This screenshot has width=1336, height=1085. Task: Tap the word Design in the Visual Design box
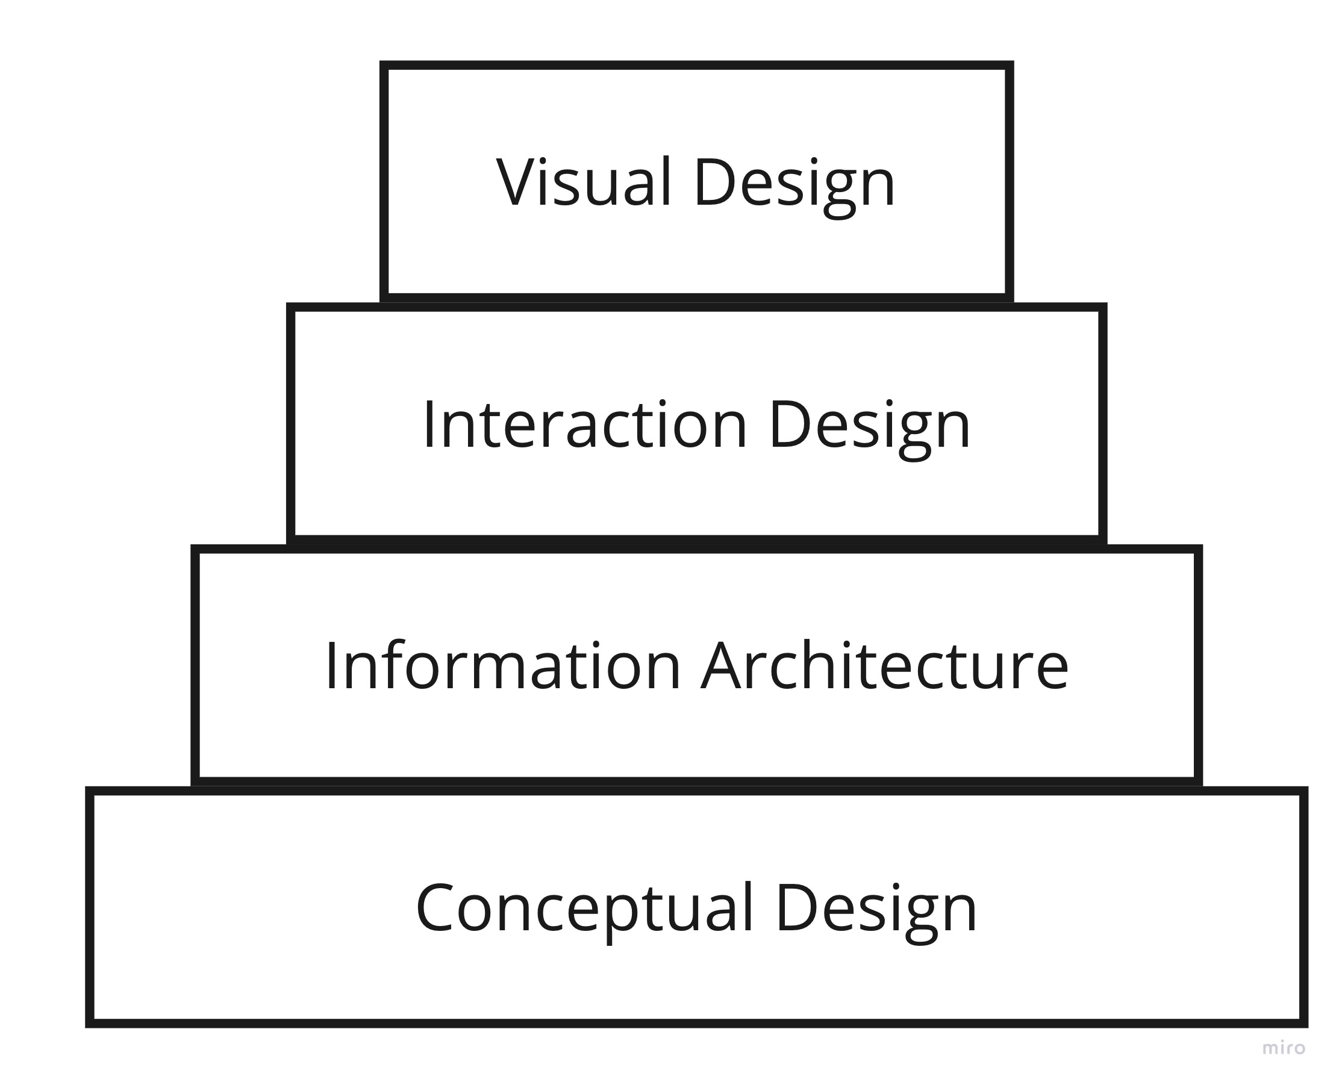[x=794, y=186]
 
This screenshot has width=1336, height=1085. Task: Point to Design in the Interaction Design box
[x=870, y=429]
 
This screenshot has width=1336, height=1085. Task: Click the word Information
[x=502, y=667]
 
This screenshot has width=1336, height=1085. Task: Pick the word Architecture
[x=884, y=667]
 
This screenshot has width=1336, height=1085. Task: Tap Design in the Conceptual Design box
[x=876, y=913]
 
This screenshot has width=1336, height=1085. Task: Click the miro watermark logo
[x=1284, y=1048]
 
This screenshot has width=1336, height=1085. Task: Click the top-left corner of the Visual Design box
[x=383, y=64]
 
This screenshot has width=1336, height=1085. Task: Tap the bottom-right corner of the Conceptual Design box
[x=1304, y=1023]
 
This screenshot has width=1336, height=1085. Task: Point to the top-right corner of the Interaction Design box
[x=1103, y=306]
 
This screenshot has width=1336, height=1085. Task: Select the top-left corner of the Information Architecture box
[x=195, y=549]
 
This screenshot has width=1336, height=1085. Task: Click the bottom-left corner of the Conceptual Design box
[x=89, y=1023]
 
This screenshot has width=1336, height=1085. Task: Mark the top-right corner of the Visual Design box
[x=1010, y=64]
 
